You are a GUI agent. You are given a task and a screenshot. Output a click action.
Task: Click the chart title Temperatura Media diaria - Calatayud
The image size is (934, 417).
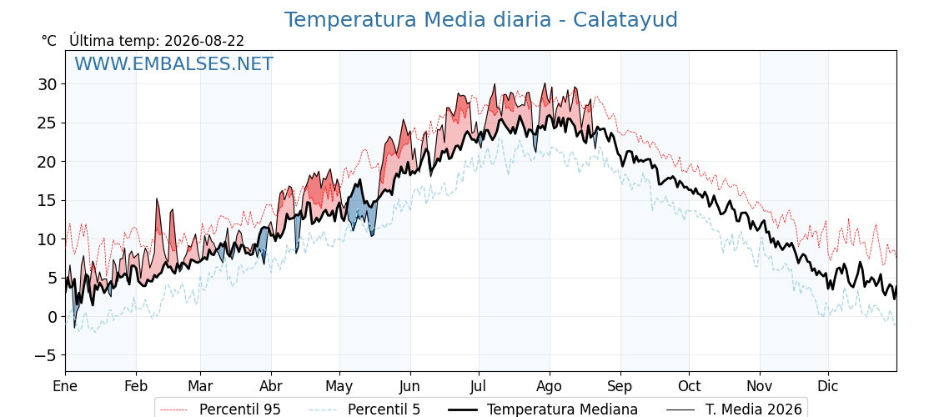pos(480,20)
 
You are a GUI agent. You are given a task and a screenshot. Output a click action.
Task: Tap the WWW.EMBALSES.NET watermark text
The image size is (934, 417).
pos(174,63)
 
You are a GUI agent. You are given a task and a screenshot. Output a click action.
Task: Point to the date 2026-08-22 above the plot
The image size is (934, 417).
pos(204,41)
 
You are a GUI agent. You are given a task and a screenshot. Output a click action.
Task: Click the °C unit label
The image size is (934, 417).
pos(49,41)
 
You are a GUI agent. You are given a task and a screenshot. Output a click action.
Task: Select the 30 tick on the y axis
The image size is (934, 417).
pos(48,84)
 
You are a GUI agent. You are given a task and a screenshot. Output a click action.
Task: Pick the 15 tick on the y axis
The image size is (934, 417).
pos(48,201)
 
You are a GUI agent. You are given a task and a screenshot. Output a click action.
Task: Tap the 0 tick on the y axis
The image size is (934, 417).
pos(53,317)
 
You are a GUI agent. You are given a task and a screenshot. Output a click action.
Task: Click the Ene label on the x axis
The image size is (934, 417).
pos(66,386)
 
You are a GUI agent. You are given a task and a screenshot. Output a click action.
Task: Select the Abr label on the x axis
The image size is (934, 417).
pos(271,386)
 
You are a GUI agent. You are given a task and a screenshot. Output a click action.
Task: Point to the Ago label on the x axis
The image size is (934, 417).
pos(550,386)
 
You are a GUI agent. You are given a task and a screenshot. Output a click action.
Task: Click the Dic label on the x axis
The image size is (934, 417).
pos(827,386)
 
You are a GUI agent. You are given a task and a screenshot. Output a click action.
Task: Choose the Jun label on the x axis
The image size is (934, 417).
pos(409,386)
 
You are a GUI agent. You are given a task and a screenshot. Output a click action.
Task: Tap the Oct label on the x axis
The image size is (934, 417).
pos(689,386)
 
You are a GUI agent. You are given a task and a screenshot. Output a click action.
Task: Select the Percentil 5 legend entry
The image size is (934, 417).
pos(364,409)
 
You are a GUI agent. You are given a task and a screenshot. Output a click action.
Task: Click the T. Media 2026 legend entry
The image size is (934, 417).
pos(734,409)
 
